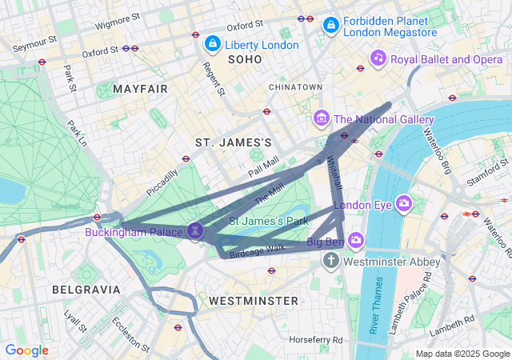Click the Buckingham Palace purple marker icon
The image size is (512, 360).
(x=196, y=230)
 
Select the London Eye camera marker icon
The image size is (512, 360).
(x=403, y=203)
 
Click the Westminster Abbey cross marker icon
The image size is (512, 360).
(x=332, y=261)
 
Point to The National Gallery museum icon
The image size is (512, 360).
(x=322, y=118)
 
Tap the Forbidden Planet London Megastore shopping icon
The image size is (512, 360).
(x=330, y=26)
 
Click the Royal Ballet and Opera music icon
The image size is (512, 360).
(x=378, y=58)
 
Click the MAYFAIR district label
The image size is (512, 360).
(x=141, y=88)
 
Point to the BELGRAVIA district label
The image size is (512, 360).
(x=86, y=289)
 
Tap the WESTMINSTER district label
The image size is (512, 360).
(x=253, y=300)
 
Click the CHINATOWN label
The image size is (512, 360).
(x=295, y=86)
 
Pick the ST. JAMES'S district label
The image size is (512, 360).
(x=234, y=142)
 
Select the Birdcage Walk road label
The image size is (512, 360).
(x=257, y=252)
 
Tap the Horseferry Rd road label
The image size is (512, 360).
(x=316, y=340)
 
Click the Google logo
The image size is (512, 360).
(x=26, y=350)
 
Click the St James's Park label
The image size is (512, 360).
(x=269, y=219)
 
